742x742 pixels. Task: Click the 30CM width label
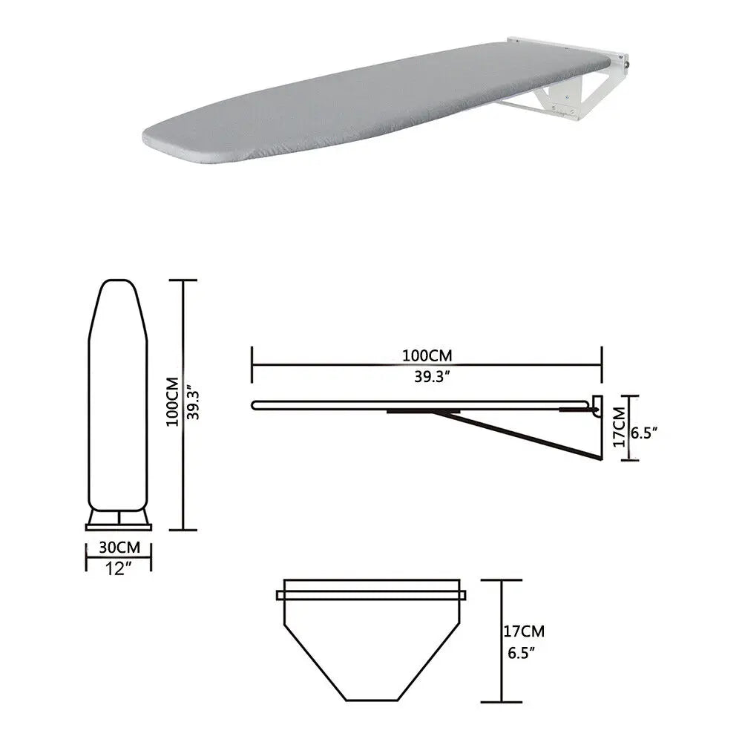pos(118,548)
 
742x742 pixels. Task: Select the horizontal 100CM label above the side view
pos(427,355)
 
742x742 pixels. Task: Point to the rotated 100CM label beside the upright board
pos(172,401)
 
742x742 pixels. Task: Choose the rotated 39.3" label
pos(194,401)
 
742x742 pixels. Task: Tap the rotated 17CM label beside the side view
pos(618,426)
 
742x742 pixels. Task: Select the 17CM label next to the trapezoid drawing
pos(524,632)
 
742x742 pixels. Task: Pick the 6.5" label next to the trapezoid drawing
pos(522,654)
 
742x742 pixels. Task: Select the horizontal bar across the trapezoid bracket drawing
pos(371,595)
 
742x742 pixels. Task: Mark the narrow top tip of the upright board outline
pos(119,284)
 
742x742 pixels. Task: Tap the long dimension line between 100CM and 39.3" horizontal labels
pos(427,365)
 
